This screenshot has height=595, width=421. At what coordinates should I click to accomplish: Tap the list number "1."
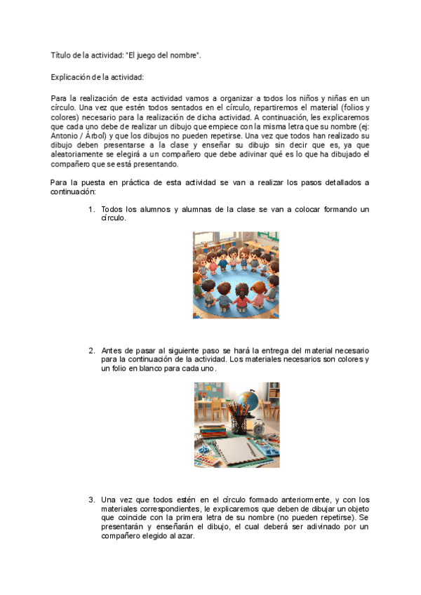(x=92, y=210)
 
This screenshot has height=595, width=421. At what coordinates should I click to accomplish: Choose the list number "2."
(x=92, y=350)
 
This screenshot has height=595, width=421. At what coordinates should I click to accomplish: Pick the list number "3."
(x=92, y=500)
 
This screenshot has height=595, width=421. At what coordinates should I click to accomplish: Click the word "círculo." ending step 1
(x=114, y=219)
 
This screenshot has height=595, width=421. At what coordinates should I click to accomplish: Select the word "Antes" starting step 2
(x=112, y=350)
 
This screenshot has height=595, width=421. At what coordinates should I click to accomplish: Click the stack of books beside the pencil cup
(x=210, y=429)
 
